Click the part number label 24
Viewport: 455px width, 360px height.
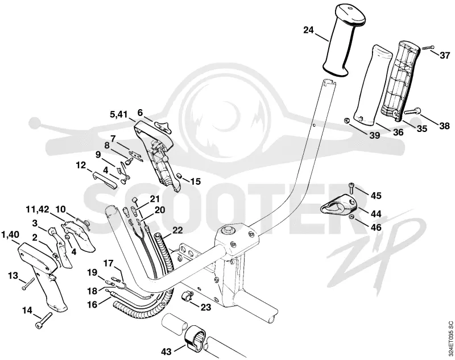click(x=309, y=30)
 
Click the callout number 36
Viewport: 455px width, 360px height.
click(x=398, y=132)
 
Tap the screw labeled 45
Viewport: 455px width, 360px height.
click(x=351, y=188)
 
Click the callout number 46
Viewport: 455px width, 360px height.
click(x=376, y=226)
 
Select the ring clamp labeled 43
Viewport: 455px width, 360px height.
click(x=193, y=337)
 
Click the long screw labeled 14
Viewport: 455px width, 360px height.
click(x=44, y=321)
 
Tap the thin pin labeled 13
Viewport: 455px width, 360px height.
click(x=28, y=284)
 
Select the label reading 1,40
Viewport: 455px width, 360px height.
click(x=11, y=234)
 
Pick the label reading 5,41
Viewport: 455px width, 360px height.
click(x=118, y=114)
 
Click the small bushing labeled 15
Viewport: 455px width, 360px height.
click(x=179, y=176)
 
